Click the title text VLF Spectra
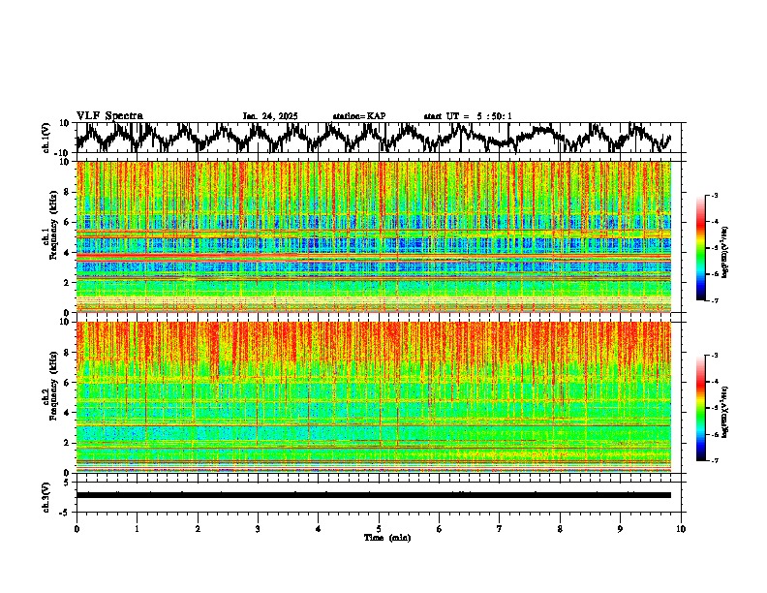[x=109, y=115]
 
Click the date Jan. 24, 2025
[x=270, y=116]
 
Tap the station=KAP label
[x=359, y=116]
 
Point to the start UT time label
[x=468, y=116]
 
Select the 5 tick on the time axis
[x=379, y=529]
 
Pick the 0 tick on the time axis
[x=77, y=529]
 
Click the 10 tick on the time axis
[x=681, y=529]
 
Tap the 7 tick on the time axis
[x=500, y=529]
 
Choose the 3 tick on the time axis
[x=258, y=529]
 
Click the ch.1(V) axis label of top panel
[x=46, y=138]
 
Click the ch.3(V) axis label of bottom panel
[x=46, y=495]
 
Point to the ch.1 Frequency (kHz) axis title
[x=51, y=237]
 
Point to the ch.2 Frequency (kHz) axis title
[x=51, y=396]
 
